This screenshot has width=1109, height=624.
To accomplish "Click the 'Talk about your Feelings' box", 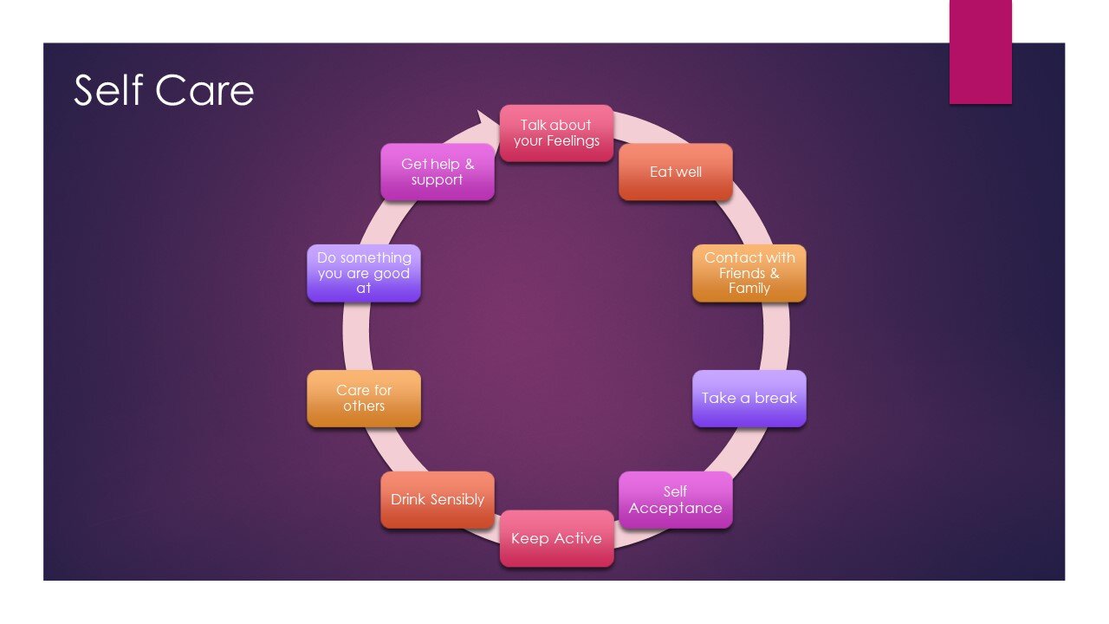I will pyautogui.click(x=556, y=133).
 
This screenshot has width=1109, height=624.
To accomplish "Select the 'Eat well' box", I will pyautogui.click(x=675, y=172).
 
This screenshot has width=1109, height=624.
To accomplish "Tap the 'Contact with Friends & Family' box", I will pyautogui.click(x=749, y=273).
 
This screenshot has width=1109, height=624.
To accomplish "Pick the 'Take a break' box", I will pyautogui.click(x=749, y=399).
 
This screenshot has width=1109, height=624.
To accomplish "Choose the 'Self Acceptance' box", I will pyautogui.click(x=675, y=500).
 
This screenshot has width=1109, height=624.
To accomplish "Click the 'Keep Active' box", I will pyautogui.click(x=556, y=538).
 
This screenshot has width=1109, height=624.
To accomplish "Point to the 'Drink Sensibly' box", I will pyautogui.click(x=438, y=500).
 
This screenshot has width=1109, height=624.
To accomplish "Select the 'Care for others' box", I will pyautogui.click(x=364, y=399).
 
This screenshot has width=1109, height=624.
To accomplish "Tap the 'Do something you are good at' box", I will pyautogui.click(x=364, y=273).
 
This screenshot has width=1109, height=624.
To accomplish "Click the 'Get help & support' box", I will pyautogui.click(x=438, y=172).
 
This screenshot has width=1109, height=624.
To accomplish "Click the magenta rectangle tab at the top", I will pyautogui.click(x=980, y=52).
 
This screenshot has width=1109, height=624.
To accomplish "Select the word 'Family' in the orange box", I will pyautogui.click(x=749, y=289).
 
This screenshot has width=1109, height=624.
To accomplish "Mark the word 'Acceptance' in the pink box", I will pyautogui.click(x=675, y=509).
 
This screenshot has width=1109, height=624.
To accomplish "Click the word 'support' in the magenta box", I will pyautogui.click(x=438, y=180).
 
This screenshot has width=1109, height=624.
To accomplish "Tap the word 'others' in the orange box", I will pyautogui.click(x=364, y=406).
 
